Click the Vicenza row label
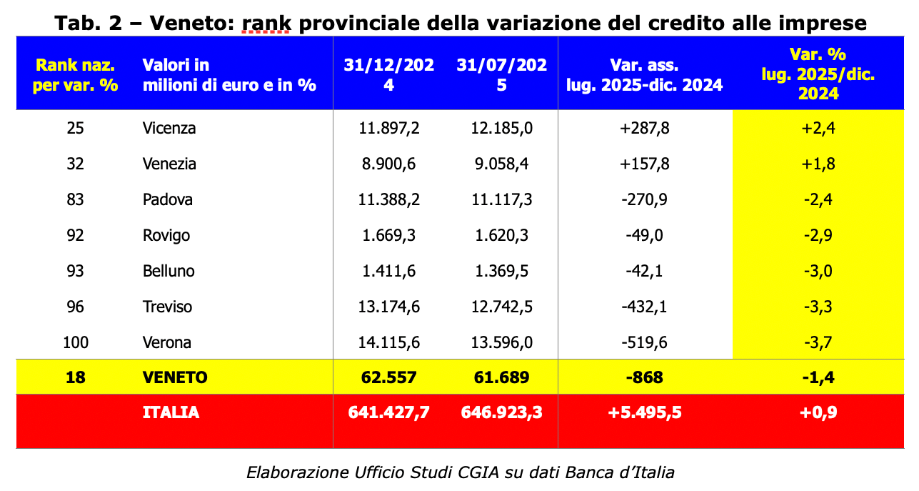pyautogui.click(x=169, y=129)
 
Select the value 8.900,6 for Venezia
pyautogui.click(x=388, y=164)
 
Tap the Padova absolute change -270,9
pyautogui.click(x=645, y=199)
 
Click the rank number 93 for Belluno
pyautogui.click(x=75, y=271)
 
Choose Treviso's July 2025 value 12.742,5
pyautogui.click(x=502, y=307)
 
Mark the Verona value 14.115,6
pyautogui.click(x=388, y=342)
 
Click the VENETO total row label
pyautogui.click(x=175, y=377)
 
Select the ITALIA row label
pyautogui.click(x=171, y=412)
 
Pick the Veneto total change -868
pyautogui.click(x=645, y=377)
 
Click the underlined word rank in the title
pyautogui.click(x=266, y=23)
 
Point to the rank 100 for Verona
pyautogui.click(x=75, y=342)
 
